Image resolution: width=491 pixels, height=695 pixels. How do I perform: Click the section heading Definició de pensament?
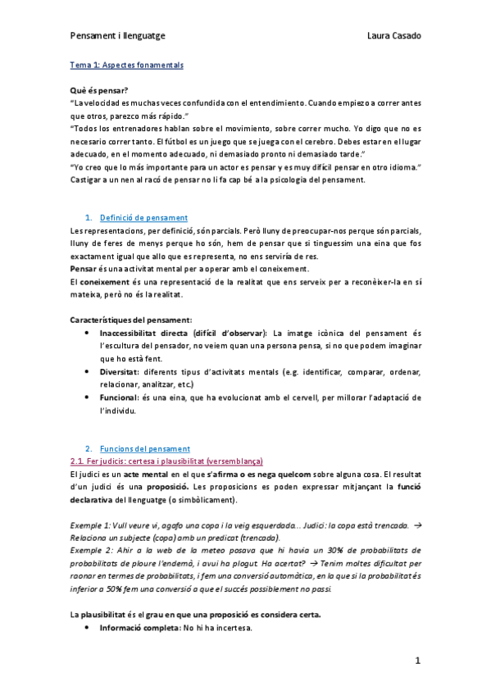(143, 218)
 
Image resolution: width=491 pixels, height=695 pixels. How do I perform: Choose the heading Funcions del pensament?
(144, 448)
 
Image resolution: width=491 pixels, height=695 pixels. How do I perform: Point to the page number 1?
(416, 660)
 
